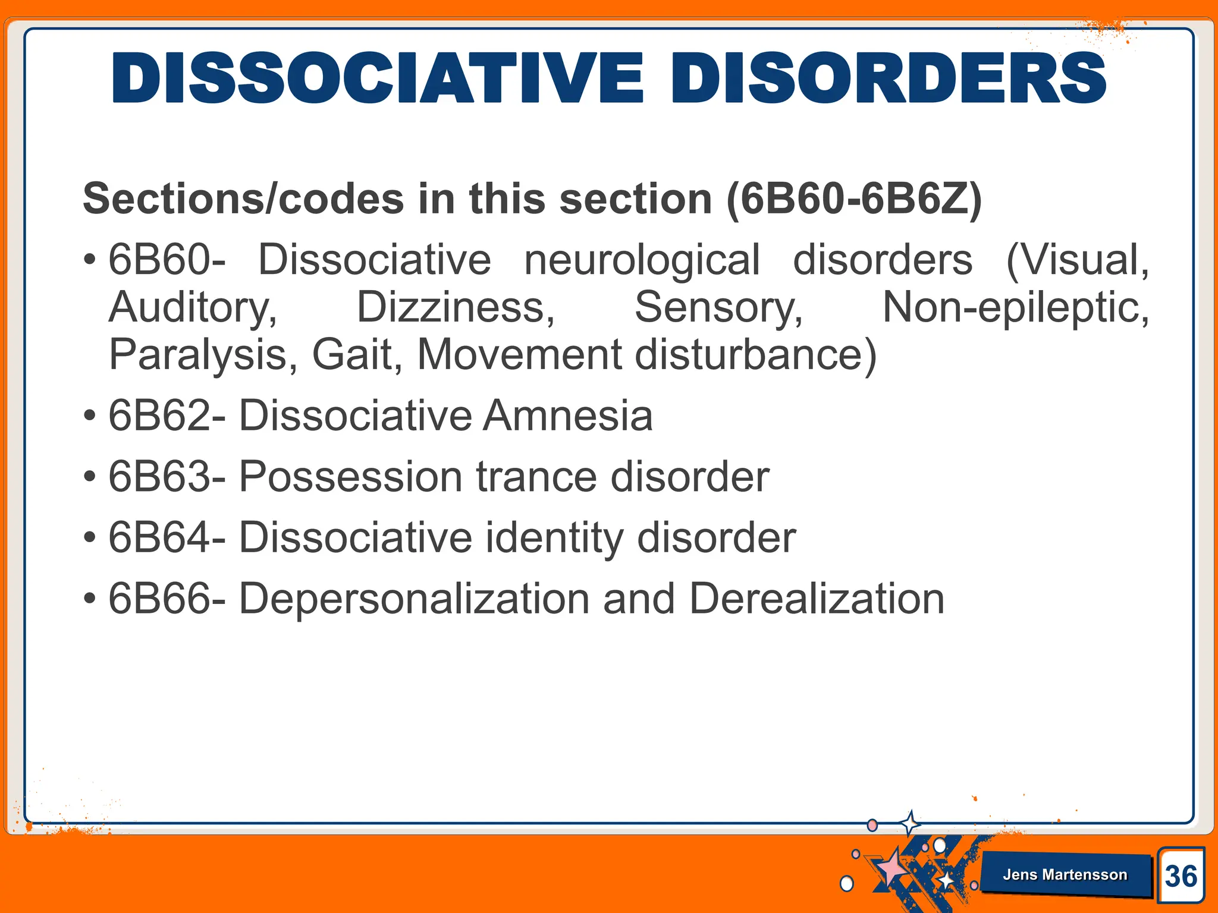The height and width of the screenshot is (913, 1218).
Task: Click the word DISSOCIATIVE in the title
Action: pos(378,78)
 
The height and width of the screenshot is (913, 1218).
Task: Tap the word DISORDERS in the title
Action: pos(889,78)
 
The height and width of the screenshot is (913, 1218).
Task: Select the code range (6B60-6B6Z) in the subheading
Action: pos(854,199)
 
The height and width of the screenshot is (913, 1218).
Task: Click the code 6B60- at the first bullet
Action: pos(167,260)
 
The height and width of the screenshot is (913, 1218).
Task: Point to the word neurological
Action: pos(642,260)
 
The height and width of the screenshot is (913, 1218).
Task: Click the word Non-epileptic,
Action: pos(1015,307)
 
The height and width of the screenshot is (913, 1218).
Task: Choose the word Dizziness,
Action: pos(456,307)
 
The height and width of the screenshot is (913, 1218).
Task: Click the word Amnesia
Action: pos(568,415)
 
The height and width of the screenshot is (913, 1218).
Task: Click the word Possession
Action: pos(350,477)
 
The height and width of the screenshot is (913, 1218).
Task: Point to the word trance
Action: pos(536,477)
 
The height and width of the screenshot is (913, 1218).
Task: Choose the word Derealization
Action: pos(817,599)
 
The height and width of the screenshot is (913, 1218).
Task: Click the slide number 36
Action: pos(1181,876)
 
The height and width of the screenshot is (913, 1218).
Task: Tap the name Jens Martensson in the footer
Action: pos(1065,874)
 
